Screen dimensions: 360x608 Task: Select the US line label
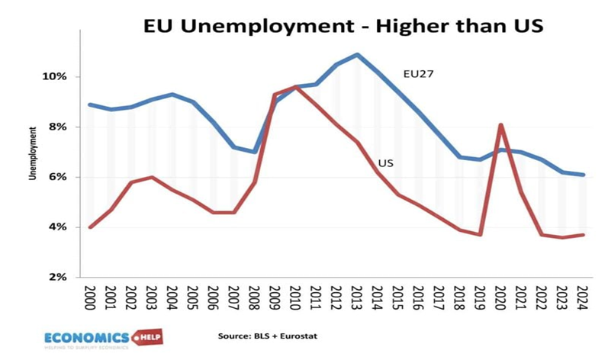coord(386,162)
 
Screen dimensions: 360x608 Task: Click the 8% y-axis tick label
coord(60,127)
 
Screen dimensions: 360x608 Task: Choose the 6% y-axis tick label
coord(60,177)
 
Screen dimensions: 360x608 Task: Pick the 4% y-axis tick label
coord(60,227)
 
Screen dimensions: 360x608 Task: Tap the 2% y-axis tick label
coord(60,277)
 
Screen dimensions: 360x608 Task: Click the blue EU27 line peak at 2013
coord(357,54)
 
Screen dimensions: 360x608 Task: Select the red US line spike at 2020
coord(500,124)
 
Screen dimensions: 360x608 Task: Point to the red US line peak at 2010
coord(296,87)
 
